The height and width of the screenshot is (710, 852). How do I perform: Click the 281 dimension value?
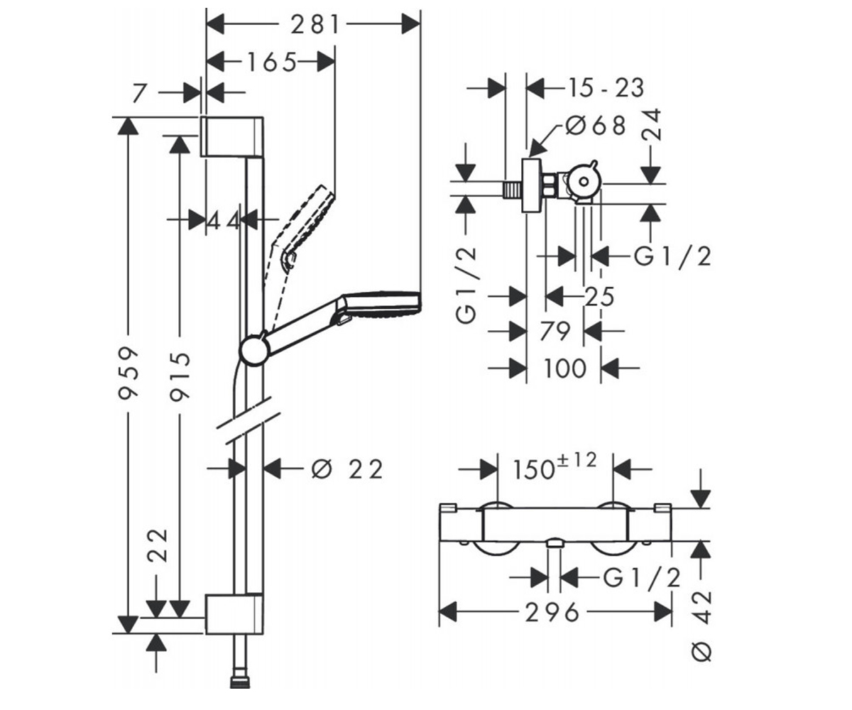(x=315, y=24)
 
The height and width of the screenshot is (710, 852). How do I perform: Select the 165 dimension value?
(x=272, y=62)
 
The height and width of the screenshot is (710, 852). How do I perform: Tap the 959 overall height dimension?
(x=128, y=373)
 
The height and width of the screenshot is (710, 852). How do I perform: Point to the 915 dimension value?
(x=180, y=376)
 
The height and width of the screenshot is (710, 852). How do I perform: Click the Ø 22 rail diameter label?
(x=347, y=469)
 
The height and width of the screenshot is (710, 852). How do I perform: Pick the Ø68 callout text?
(x=596, y=125)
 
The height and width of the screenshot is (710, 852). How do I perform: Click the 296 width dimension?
(x=552, y=612)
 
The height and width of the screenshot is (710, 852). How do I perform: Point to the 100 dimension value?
(x=565, y=368)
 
